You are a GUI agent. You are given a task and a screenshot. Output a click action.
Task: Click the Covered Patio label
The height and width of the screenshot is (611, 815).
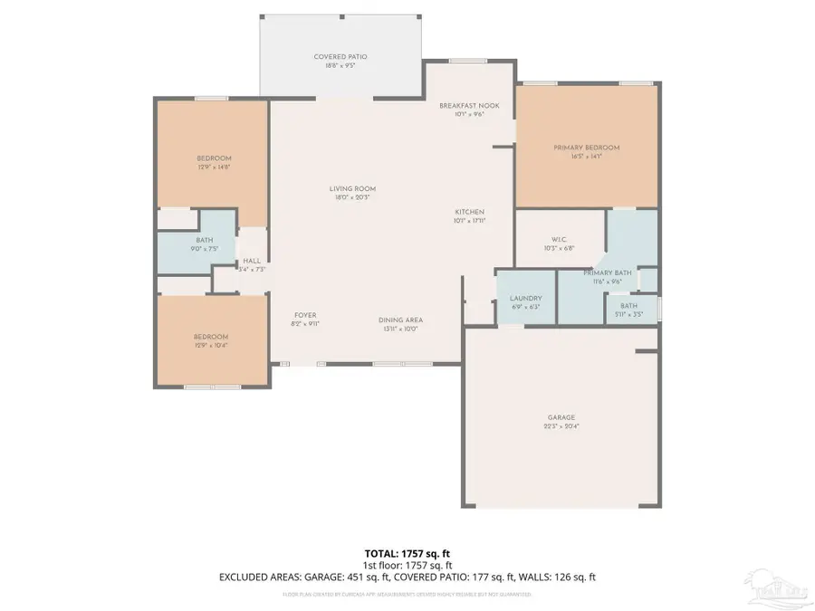[x=340, y=57]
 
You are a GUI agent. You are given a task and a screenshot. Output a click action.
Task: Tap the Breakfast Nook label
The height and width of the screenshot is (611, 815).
[x=469, y=106]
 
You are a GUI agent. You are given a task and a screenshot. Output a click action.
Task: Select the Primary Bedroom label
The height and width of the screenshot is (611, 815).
[x=587, y=148]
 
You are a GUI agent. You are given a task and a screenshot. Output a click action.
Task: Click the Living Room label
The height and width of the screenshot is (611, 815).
[x=351, y=188]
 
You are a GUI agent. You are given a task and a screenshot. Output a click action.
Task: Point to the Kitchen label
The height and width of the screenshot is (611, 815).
[x=469, y=211]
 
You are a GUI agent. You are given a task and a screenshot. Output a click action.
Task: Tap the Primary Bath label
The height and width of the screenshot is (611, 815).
[x=607, y=272]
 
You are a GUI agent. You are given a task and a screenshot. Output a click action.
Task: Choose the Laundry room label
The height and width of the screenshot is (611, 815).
[x=525, y=298]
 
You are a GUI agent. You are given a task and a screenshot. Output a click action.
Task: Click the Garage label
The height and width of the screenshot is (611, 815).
[x=559, y=417]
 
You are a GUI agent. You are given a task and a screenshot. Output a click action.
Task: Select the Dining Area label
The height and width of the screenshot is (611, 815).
[x=400, y=320]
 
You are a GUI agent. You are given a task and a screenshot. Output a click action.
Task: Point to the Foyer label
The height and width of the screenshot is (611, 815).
[x=304, y=315]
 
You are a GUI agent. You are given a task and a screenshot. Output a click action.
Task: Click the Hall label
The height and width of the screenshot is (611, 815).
[x=251, y=261]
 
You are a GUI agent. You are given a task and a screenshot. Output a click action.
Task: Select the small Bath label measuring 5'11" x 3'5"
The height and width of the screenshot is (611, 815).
[x=628, y=306]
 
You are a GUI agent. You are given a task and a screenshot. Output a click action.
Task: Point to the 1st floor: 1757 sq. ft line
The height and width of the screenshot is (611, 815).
[x=407, y=564]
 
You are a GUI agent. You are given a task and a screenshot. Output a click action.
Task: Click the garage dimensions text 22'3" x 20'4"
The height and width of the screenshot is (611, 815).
[x=559, y=426]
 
